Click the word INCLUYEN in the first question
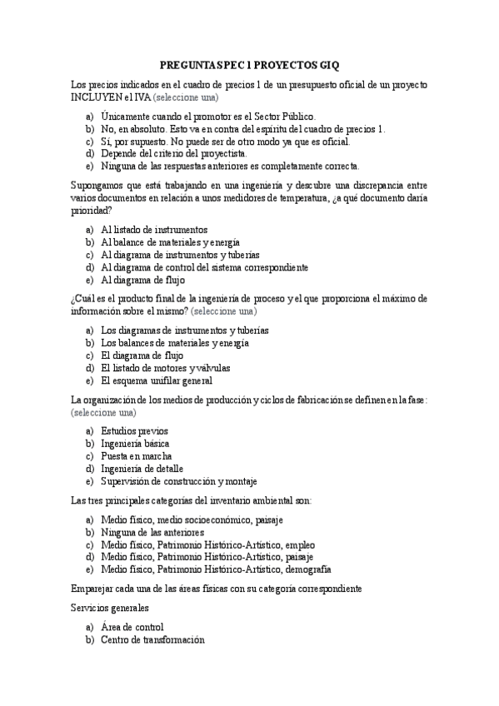pyautogui.click(x=97, y=97)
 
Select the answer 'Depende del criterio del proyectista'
pyautogui.click(x=173, y=154)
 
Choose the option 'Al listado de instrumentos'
pyautogui.click(x=154, y=230)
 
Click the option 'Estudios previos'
pyautogui.click(x=134, y=431)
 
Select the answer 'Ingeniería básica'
pyautogui.click(x=134, y=444)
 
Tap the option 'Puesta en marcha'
pyautogui.click(x=137, y=456)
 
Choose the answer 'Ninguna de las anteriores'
pyautogui.click(x=152, y=532)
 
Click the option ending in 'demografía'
pyautogui.click(x=216, y=569)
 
